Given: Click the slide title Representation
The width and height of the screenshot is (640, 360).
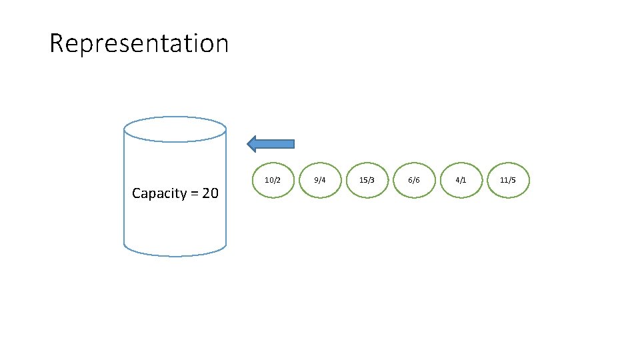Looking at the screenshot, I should pos(139,43).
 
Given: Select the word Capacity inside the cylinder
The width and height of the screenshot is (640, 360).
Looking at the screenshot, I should pos(159,194).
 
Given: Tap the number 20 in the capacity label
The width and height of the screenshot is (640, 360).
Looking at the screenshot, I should pos(210,194).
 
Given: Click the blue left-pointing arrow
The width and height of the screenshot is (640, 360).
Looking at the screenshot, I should pos(271,143).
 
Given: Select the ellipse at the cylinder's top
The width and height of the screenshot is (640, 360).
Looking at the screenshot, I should pos(175,129).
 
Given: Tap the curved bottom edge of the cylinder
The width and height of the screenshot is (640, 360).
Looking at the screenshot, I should pos(175,255).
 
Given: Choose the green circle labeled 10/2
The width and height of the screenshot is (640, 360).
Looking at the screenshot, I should pos(273,181).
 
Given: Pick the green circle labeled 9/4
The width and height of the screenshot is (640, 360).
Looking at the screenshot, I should pos(320,181).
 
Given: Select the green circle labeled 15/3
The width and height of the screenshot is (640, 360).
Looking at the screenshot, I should pos(367,181).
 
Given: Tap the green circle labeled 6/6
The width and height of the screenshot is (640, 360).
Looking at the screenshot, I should pos(414,181).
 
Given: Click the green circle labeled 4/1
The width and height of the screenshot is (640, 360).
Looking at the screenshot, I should pos(461,181).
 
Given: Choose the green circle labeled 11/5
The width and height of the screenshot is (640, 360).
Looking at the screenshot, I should pos(508,181).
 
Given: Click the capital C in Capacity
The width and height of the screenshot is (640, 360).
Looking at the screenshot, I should pos(137,194).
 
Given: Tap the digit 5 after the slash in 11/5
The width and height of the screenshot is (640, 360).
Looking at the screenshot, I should pos(513,181).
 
